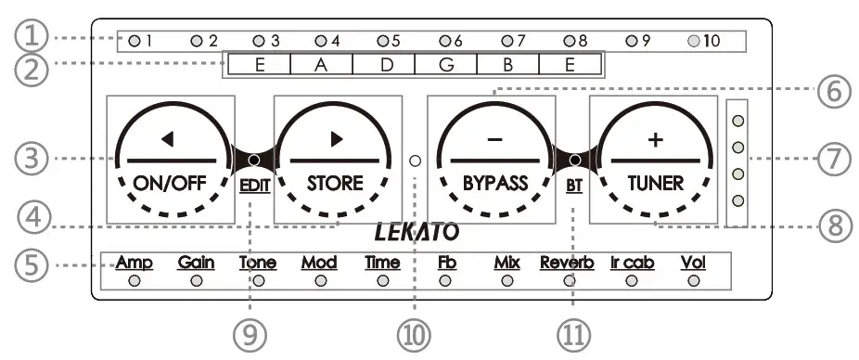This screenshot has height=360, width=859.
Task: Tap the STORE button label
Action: [335, 182]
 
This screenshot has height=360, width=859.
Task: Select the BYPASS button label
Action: [494, 182]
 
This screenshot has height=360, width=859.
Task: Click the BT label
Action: [573, 184]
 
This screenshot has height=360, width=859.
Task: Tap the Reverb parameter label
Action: [567, 263]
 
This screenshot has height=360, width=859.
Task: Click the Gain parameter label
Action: [196, 263]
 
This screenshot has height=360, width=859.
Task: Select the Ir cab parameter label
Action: [632, 263]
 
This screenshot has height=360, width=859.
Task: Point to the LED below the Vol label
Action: [693, 280]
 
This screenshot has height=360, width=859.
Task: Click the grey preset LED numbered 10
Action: [694, 41]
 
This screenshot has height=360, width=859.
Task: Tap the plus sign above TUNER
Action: [656, 139]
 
